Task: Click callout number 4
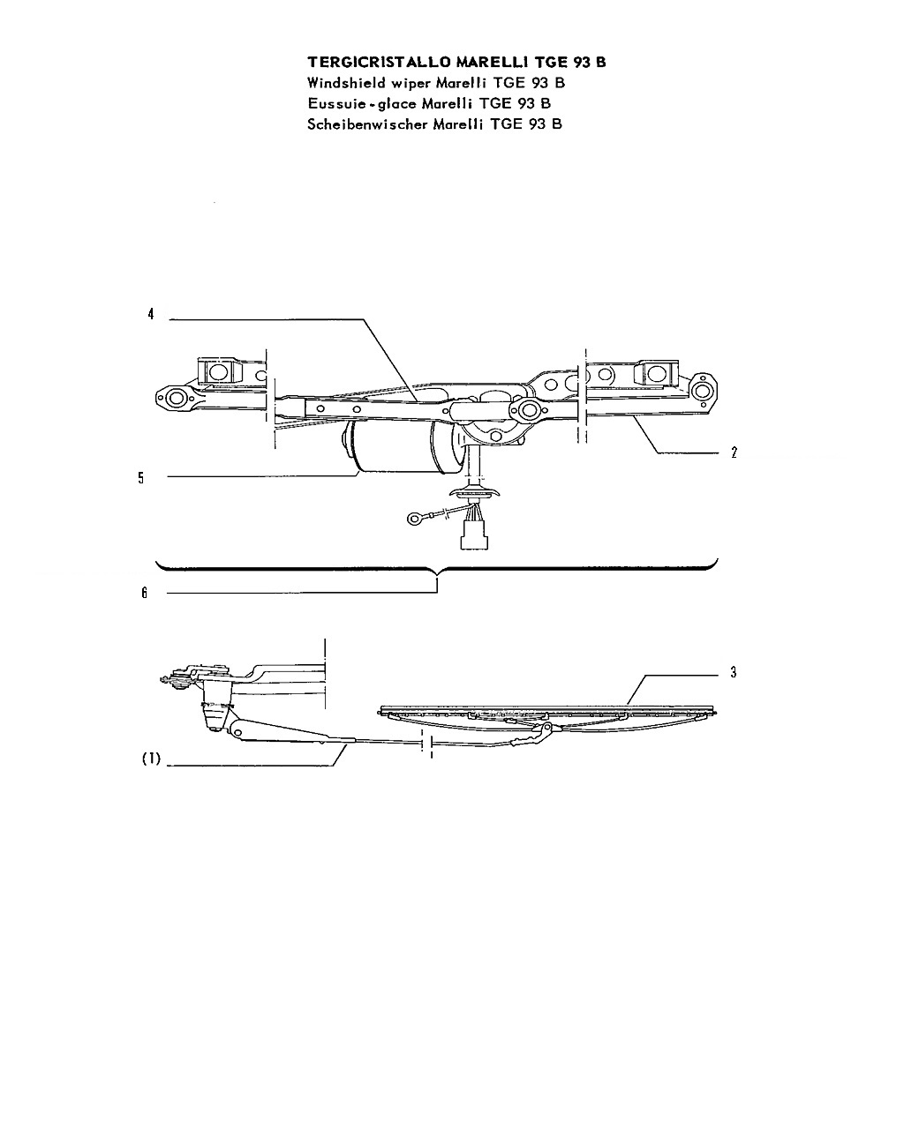pyautogui.click(x=151, y=314)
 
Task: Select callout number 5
pyautogui.click(x=140, y=478)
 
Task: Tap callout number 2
pyautogui.click(x=734, y=452)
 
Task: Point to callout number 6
pyautogui.click(x=145, y=593)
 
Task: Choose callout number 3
pyautogui.click(x=734, y=672)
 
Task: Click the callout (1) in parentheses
pyautogui.click(x=151, y=759)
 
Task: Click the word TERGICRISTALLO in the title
pyautogui.click(x=380, y=63)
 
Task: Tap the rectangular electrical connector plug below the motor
pyautogui.click(x=474, y=535)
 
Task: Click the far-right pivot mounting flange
pyautogui.click(x=704, y=391)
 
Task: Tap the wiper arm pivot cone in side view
pyautogui.click(x=215, y=709)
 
